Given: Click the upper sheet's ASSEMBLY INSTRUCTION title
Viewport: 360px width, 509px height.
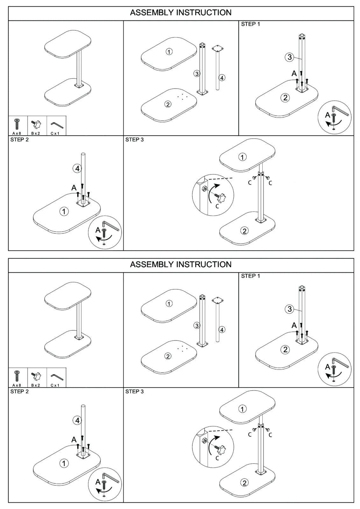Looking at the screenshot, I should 180,13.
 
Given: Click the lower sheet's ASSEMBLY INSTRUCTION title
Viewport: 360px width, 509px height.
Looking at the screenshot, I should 180,265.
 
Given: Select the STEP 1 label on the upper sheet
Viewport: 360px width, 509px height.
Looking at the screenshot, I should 251,24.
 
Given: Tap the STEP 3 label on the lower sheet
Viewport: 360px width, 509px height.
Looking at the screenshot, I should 134,392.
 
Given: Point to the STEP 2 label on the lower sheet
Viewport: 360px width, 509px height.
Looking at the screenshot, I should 19,392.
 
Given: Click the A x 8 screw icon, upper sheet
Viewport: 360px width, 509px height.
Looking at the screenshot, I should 17,124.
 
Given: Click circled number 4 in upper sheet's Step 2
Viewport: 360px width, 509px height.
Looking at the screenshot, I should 77,169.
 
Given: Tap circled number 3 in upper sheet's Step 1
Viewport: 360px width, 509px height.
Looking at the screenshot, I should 289,57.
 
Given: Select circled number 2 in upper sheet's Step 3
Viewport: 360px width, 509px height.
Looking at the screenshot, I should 244,231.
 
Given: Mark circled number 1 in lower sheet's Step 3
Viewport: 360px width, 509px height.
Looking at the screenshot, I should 243,409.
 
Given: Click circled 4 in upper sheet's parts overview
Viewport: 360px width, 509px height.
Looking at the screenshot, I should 222,78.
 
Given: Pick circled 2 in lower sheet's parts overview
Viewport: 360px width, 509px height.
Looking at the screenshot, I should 168,356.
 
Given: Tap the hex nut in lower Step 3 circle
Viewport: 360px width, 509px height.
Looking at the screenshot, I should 204,441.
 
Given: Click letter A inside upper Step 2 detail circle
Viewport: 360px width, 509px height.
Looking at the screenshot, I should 98,230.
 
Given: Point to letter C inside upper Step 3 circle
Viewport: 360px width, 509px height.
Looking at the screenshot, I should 217,206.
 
